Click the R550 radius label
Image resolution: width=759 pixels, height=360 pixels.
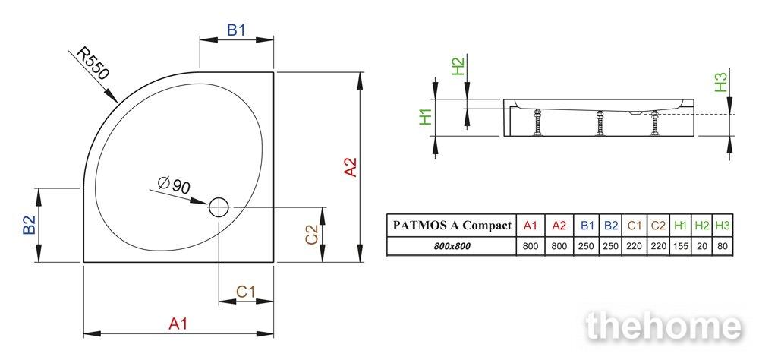(x=94, y=65)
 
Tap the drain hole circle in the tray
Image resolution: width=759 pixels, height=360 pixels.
(x=219, y=207)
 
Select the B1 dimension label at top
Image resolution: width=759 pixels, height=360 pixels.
(x=236, y=30)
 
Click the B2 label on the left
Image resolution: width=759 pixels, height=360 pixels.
(x=30, y=225)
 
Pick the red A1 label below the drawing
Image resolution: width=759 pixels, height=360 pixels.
(x=178, y=324)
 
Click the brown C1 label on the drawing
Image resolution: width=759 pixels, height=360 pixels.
(x=245, y=292)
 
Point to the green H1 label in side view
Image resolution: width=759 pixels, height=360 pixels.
(x=426, y=117)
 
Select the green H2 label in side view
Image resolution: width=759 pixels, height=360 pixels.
(x=458, y=66)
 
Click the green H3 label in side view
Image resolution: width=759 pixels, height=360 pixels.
(x=721, y=82)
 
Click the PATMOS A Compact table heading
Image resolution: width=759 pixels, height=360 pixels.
(x=452, y=226)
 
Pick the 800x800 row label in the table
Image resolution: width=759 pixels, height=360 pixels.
(x=452, y=246)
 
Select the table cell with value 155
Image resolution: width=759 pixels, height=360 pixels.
(x=681, y=246)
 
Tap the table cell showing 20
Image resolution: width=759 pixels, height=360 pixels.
(x=702, y=246)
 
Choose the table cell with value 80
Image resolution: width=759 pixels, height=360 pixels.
(x=723, y=246)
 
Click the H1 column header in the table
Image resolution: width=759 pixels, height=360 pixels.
(x=681, y=226)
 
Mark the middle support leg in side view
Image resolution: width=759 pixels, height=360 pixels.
(x=600, y=123)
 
